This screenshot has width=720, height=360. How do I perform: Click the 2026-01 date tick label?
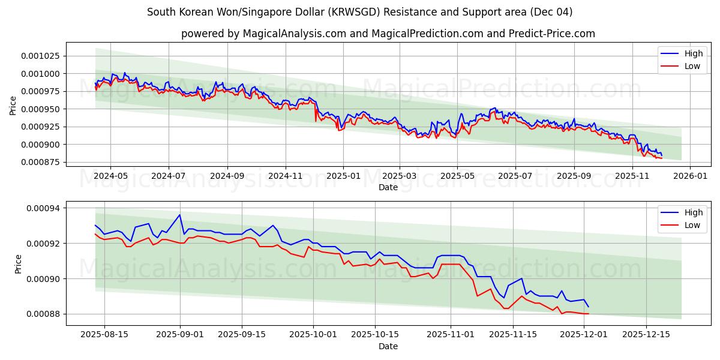coord(689,176)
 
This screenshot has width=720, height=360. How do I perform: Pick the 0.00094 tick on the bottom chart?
coord(46,208)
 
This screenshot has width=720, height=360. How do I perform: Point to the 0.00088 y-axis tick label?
coord(46,314)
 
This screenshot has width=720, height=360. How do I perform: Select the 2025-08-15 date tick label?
coord(104,335)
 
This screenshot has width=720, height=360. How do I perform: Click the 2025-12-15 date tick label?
coord(646,335)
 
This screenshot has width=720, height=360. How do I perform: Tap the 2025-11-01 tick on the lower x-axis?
coord(450,335)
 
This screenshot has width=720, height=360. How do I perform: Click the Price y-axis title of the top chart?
coord(13,104)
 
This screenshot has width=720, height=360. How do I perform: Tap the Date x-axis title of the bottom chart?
coord(388,346)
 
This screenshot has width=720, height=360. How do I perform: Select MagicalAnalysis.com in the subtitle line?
coord(294,34)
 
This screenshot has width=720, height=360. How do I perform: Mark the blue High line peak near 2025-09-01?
coord(179,215)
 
